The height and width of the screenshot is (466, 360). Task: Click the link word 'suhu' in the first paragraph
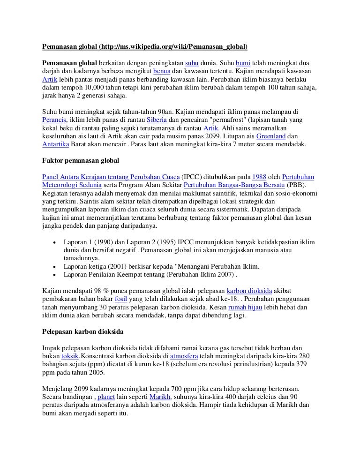pos(192,63)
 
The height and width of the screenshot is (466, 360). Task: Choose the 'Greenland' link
pos(271,136)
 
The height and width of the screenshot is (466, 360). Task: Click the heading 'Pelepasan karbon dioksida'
pos(83,331)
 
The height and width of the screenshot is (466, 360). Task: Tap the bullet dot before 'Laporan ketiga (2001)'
pos(56,266)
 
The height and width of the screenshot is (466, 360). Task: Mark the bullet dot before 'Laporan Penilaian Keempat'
pos(56,275)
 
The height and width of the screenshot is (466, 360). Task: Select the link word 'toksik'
pos(70,356)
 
